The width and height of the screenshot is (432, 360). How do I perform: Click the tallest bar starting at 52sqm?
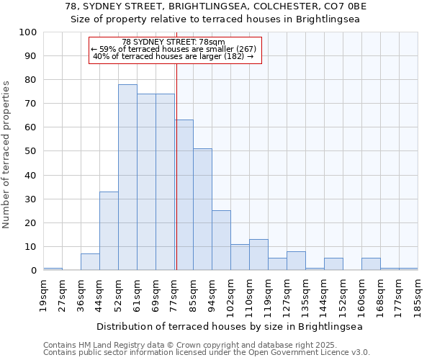coord(127,177)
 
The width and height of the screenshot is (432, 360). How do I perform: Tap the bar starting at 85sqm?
coord(202,209)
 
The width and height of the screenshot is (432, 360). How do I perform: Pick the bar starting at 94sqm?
coord(221,240)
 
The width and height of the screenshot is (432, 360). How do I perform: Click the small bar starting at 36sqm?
coord(90,262)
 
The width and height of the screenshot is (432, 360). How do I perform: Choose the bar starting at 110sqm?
coord(258,255)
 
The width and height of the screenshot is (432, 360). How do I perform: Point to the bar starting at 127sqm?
coord(296,261)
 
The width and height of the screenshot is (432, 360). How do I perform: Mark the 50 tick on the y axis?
coord(31,151)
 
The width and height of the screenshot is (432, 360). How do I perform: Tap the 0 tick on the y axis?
coord(34,271)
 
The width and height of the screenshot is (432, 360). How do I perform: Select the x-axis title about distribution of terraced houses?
coord(230,326)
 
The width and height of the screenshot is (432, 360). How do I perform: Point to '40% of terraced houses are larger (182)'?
coord(174,56)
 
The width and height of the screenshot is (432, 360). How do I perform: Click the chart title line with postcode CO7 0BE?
coord(215,6)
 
